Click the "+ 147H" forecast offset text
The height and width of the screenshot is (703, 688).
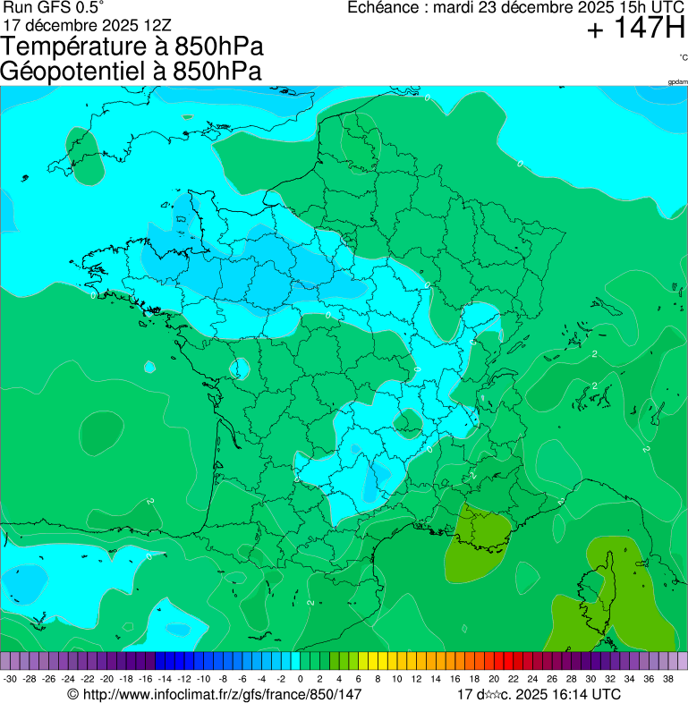pos(635,30)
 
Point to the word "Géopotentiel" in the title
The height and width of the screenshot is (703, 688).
pos(80,72)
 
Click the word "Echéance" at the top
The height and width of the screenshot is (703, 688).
pos(384,7)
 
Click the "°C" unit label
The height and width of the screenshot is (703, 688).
pos(683,58)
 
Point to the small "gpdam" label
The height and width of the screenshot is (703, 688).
pos(677,82)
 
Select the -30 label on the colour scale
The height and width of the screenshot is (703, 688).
pos(10,680)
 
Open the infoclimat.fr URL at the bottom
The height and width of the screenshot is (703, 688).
pos(221,694)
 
